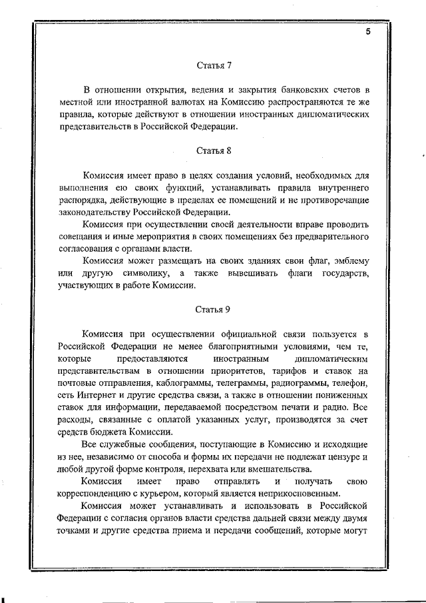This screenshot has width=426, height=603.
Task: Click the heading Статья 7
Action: pos(214,65)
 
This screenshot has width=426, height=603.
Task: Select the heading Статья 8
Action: pos(214,151)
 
